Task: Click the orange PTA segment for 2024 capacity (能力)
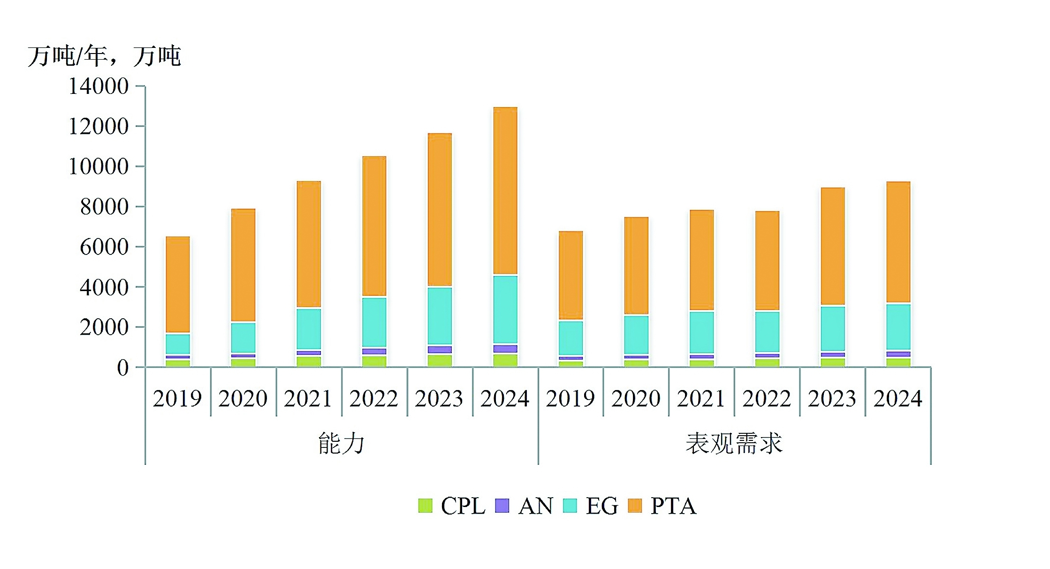505,190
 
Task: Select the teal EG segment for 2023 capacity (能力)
440,315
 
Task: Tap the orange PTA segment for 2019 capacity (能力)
178,284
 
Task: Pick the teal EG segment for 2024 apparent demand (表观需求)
898,327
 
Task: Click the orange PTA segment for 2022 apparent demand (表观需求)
767,261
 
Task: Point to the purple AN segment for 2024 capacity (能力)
505,349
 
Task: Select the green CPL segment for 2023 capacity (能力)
440,361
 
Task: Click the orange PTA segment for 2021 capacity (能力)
309,244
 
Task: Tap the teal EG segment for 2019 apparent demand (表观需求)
571,338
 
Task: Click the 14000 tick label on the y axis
99,86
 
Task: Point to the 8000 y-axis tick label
104,207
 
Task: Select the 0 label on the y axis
122,368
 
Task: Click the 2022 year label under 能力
373,399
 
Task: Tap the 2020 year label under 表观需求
636,399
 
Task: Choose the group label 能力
341,444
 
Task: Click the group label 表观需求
734,444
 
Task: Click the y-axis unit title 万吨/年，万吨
104,56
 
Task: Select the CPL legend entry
452,506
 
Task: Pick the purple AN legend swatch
502,506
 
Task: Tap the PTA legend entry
662,506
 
